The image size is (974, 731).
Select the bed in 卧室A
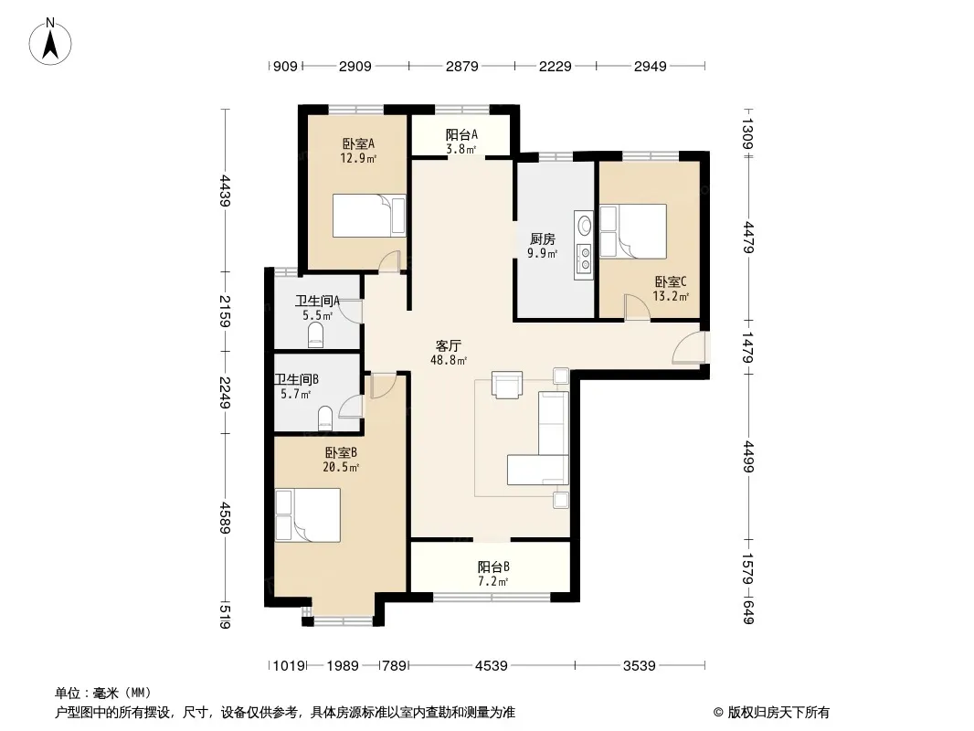pyautogui.click(x=368, y=216)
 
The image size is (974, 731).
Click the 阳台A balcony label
pyautogui.click(x=461, y=134)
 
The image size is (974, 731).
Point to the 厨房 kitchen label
pyautogui.click(x=543, y=239)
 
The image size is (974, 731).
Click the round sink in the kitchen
pyautogui.click(x=583, y=223)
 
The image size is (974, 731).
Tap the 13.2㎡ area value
pyautogui.click(x=672, y=296)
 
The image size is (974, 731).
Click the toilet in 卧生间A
pyautogui.click(x=317, y=334)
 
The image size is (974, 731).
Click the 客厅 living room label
pyautogui.click(x=448, y=345)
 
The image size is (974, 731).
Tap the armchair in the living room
pyautogui.click(x=506, y=385)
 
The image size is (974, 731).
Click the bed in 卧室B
pyautogui.click(x=307, y=515)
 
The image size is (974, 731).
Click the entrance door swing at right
pyautogui.click(x=688, y=350)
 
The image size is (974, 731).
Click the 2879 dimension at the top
pyautogui.click(x=461, y=65)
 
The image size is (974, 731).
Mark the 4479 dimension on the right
pyautogui.click(x=748, y=238)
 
